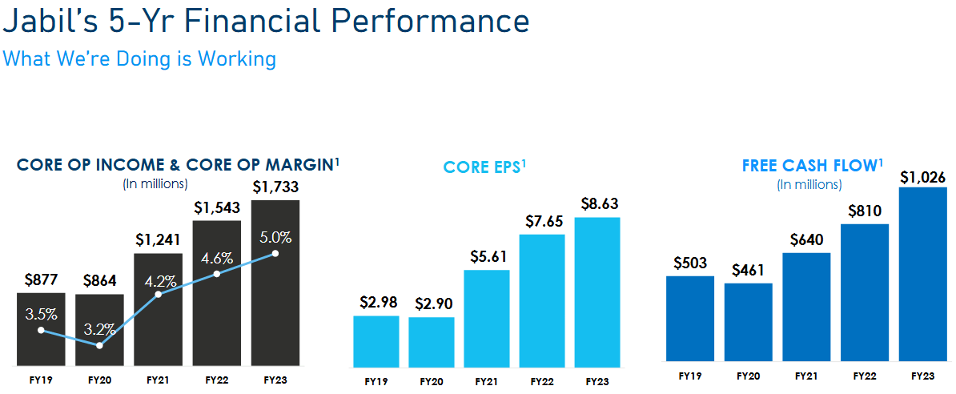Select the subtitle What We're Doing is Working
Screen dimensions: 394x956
[139, 58]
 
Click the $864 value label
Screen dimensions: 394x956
[99, 281]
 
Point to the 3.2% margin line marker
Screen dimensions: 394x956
[99, 345]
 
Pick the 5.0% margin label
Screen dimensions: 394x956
[275, 238]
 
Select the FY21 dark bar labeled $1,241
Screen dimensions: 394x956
[158, 320]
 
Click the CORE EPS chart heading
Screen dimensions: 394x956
[484, 167]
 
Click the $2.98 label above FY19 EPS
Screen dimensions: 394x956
[376, 303]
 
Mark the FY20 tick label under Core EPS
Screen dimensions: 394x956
[432, 381]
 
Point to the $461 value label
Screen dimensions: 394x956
[748, 270]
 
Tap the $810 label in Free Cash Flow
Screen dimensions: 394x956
[865, 211]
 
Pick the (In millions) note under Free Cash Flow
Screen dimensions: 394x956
[809, 184]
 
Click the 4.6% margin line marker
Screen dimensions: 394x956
[217, 275]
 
